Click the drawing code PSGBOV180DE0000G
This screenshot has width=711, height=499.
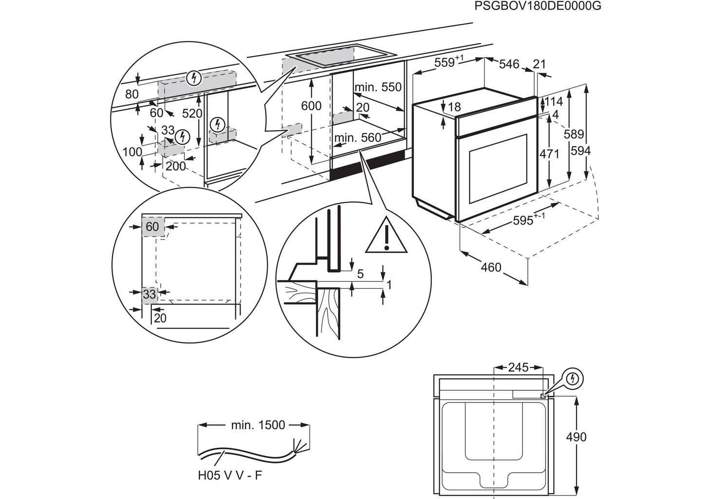(x=538, y=6)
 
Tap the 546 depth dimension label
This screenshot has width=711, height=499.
(x=509, y=64)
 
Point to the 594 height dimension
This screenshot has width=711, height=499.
(x=580, y=151)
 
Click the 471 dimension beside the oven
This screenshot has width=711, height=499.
(x=549, y=154)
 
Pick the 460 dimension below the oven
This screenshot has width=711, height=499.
(x=491, y=267)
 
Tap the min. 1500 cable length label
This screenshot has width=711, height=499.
(x=258, y=425)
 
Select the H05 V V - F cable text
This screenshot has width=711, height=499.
(x=229, y=475)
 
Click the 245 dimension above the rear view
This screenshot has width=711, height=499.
(x=518, y=367)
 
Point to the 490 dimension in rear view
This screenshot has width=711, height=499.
(x=576, y=437)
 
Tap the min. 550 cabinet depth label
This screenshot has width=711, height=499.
(x=378, y=87)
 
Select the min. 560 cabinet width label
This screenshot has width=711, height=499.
(x=357, y=138)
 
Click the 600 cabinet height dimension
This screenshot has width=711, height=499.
(x=311, y=106)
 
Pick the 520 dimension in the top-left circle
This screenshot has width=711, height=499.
(x=192, y=114)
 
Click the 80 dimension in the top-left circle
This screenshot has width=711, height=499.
(x=131, y=94)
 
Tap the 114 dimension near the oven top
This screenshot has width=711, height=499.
(x=553, y=101)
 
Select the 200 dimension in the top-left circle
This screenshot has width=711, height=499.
(x=175, y=166)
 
